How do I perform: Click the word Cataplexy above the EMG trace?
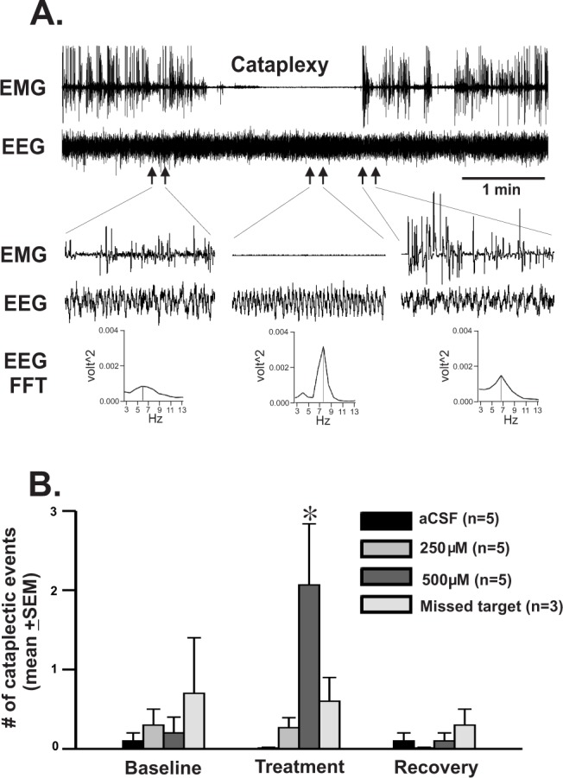[x=271, y=65]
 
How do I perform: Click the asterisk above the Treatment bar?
[x=309, y=514]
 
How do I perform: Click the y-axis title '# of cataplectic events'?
[x=20, y=615]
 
